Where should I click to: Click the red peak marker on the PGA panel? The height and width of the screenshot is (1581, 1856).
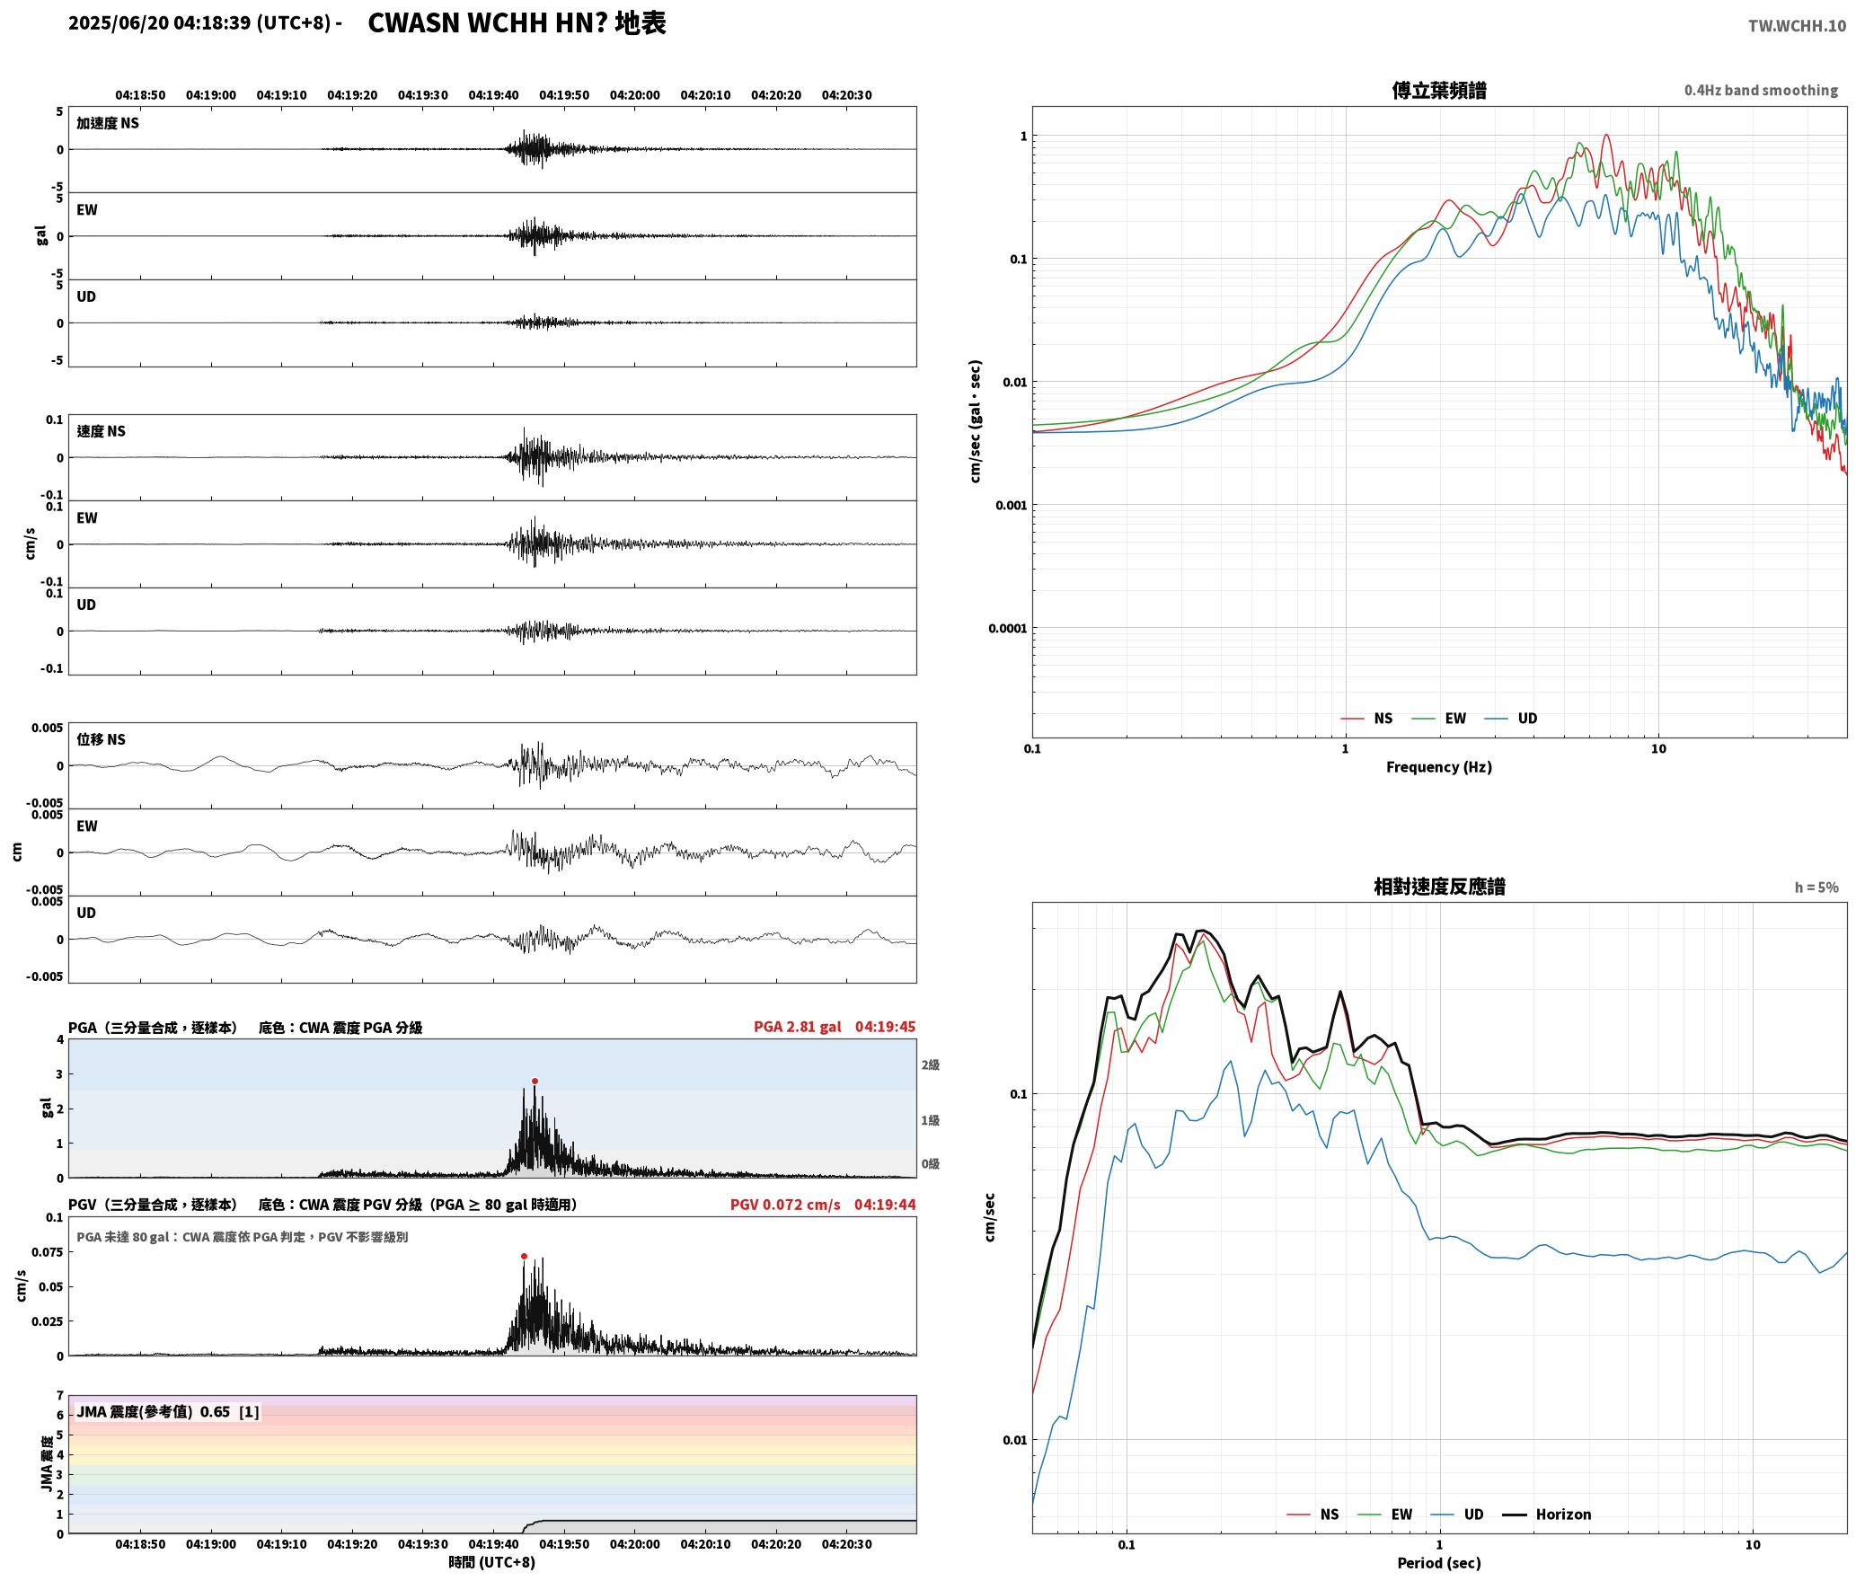point(535,1082)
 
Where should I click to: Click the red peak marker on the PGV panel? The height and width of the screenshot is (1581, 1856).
point(524,1257)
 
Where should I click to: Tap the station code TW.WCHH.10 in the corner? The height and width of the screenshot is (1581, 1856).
point(1797,26)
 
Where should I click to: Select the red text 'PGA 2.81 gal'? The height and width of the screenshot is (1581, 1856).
point(798,1027)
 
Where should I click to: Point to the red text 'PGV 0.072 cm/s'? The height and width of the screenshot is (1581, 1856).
point(785,1205)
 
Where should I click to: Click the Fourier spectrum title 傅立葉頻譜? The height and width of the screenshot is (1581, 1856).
point(1439,91)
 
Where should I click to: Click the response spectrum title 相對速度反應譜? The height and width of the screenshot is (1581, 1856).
point(1439,887)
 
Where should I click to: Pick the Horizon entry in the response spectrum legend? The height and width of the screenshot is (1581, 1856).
point(1547,1515)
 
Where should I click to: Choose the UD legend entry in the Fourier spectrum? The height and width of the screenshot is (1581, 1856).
point(1511,719)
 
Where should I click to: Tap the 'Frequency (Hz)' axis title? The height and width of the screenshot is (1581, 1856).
point(1439,767)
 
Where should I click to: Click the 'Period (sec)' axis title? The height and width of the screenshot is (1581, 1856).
point(1439,1563)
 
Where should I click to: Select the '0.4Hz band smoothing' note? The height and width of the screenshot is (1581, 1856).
point(1761,91)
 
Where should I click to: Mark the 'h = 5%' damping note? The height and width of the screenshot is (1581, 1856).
point(1816,888)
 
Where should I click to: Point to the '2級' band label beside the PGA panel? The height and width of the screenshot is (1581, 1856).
point(930,1065)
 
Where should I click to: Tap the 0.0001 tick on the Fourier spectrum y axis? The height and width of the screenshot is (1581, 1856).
point(1007,628)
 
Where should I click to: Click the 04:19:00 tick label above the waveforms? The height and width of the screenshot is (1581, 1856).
point(211,95)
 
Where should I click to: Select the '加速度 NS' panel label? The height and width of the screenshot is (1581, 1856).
point(108,123)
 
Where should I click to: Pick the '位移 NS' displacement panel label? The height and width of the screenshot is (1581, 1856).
point(101,739)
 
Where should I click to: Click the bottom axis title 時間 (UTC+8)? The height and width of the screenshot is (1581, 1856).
point(492,1563)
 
